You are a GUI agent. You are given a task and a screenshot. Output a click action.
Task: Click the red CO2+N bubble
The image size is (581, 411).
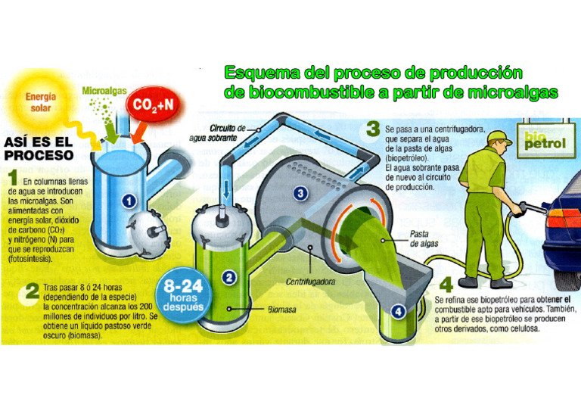tap(154, 106)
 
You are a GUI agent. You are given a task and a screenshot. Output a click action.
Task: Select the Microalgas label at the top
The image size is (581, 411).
tap(104, 91)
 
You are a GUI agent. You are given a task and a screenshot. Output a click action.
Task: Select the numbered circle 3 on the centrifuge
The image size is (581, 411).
tap(301, 195)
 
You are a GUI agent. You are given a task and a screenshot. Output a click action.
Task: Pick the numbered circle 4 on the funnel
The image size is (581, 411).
tap(398, 310)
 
